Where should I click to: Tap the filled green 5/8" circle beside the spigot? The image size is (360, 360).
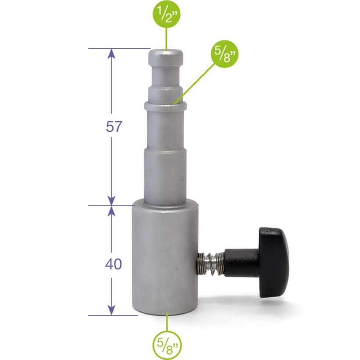(225, 54)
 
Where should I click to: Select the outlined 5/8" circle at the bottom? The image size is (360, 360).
(167, 343)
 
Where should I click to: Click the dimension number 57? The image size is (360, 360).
(113, 126)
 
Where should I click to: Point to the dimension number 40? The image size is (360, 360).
(113, 264)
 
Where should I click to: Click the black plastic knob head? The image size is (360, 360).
(274, 263)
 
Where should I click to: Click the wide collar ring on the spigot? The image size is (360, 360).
(166, 106)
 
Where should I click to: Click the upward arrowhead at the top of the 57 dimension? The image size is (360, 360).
(112, 53)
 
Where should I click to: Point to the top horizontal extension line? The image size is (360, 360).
(119, 48)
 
